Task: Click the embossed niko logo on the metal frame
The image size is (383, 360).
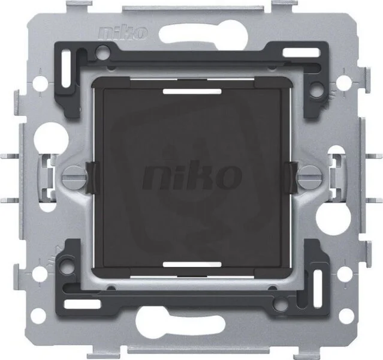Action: click(123, 33)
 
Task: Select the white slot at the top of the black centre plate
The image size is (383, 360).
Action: click(192, 92)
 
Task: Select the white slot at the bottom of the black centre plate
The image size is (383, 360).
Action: click(192, 265)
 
